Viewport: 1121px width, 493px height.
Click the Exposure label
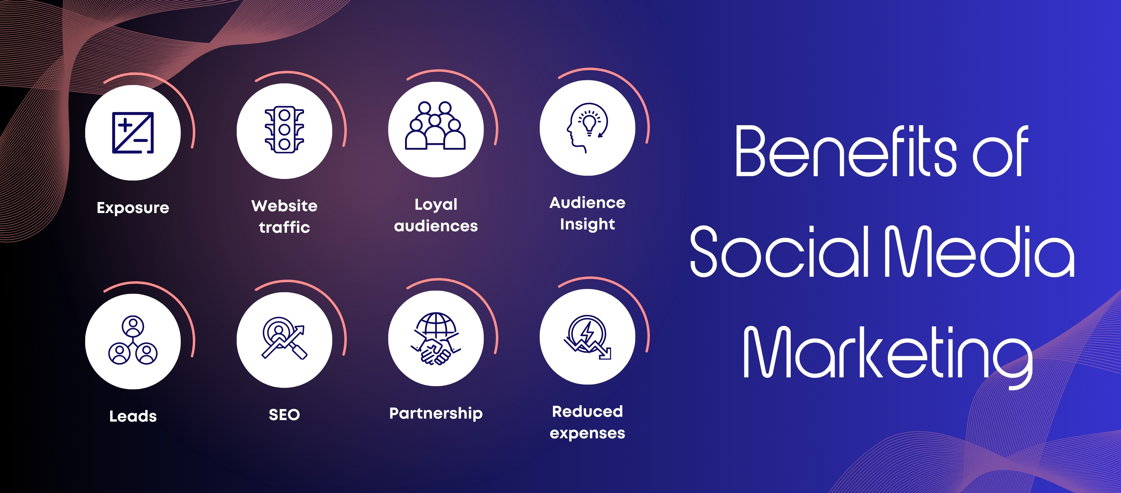[x=133, y=208]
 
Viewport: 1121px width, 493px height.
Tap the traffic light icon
[x=285, y=130]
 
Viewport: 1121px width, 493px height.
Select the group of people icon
[x=436, y=126]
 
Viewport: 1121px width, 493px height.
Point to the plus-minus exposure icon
[x=133, y=133]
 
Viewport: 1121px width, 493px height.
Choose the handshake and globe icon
[x=436, y=339]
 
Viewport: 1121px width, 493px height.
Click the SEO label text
[x=284, y=415]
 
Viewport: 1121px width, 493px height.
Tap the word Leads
[x=133, y=416]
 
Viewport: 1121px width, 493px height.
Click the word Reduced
[x=587, y=411]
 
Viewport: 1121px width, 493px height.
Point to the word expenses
[x=587, y=433]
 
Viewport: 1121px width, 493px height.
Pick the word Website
[x=285, y=205]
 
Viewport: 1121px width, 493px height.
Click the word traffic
[x=285, y=227]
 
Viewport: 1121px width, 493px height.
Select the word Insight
[x=587, y=224]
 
